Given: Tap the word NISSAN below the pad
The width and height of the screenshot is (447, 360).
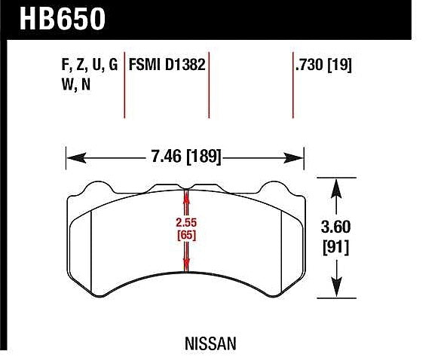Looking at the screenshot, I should click(x=210, y=343).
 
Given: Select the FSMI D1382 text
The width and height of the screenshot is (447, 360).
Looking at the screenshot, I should click(x=167, y=65).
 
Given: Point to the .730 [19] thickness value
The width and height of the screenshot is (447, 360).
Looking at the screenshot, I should click(x=324, y=65).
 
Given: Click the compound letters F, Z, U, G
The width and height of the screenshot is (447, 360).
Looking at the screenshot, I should click(x=88, y=65).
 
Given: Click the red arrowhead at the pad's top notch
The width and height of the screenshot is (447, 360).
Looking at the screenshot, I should click(x=186, y=194).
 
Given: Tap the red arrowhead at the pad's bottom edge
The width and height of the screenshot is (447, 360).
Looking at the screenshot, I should click(x=186, y=266).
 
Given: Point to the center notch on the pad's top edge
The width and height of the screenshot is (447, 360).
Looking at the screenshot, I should click(x=186, y=186).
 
